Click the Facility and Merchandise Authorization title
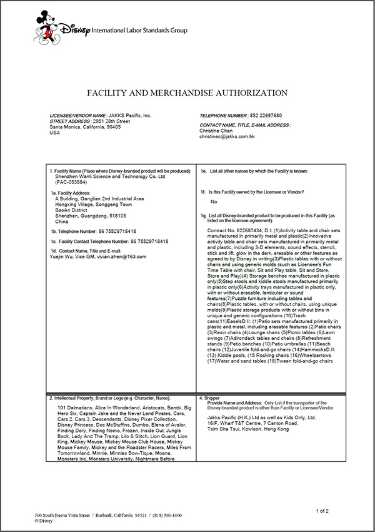(187, 93)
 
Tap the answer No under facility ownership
(214, 202)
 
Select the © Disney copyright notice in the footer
(44, 520)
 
